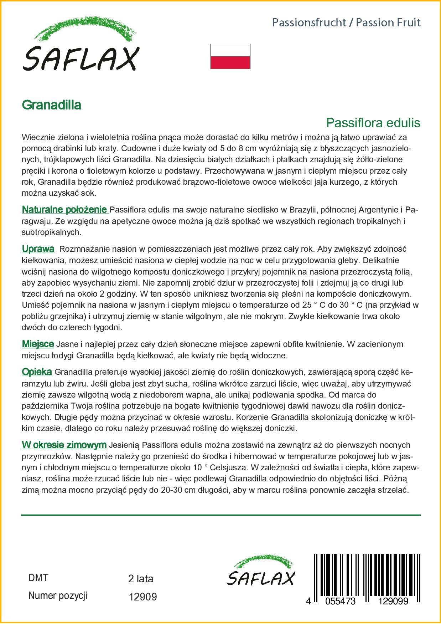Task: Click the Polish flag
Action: click(230, 56)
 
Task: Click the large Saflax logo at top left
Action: click(81, 45)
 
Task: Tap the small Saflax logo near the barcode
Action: click(261, 570)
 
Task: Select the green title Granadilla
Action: click(52, 105)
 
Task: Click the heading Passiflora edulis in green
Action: click(373, 123)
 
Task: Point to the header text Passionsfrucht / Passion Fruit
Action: click(346, 23)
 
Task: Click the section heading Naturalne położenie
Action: click(64, 209)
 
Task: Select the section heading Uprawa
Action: click(38, 249)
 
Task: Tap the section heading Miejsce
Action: click(38, 344)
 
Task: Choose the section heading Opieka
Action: click(37, 372)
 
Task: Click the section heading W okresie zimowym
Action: click(64, 445)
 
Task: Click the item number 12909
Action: click(142, 597)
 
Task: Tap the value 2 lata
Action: click(141, 579)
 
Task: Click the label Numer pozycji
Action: click(58, 595)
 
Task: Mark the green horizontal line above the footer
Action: click(221, 515)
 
